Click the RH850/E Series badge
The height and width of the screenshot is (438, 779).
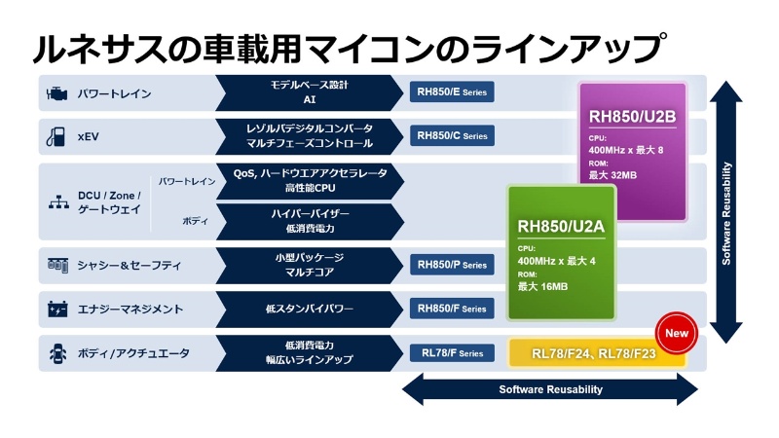click(x=452, y=92)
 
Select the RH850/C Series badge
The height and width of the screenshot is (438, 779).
click(x=452, y=136)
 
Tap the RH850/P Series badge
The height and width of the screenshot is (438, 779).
click(x=452, y=265)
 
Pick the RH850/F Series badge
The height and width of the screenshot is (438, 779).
click(x=452, y=309)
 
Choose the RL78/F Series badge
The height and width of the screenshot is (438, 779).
click(x=452, y=353)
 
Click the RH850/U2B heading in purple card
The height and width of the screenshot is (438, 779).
click(x=632, y=118)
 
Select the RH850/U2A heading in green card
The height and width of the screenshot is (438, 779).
click(x=561, y=226)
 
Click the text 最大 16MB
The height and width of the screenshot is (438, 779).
click(x=542, y=286)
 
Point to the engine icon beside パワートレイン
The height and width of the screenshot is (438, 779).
click(x=56, y=93)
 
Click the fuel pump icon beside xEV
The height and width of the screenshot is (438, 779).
click(x=56, y=137)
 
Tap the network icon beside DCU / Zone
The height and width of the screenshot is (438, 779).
click(x=56, y=202)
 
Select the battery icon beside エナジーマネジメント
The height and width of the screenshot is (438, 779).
click(x=56, y=310)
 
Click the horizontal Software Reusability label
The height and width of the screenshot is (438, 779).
click(x=550, y=389)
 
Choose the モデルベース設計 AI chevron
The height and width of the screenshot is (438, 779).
click(x=307, y=92)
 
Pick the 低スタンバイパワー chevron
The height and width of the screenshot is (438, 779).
click(x=307, y=309)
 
